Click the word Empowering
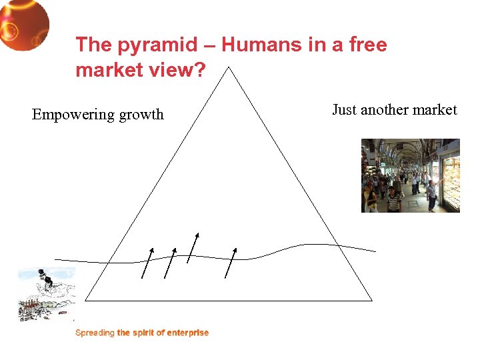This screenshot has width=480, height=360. tap(73, 115)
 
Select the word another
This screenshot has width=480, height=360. tap(385, 110)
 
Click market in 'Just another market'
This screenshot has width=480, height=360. tap(435, 110)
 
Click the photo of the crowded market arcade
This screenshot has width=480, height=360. tap(410, 175)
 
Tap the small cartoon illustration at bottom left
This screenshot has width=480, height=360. tap(46, 294)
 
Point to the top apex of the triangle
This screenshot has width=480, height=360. tap(229, 67)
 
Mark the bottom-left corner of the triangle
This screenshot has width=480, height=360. tap(86, 301)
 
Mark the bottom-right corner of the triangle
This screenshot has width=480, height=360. tap(371, 301)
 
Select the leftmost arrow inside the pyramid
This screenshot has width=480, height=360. tap(147, 262)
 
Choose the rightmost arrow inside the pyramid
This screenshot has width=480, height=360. tap(231, 262)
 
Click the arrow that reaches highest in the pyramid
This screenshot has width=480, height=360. tap(193, 247)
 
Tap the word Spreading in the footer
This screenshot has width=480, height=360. tap(95, 333)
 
